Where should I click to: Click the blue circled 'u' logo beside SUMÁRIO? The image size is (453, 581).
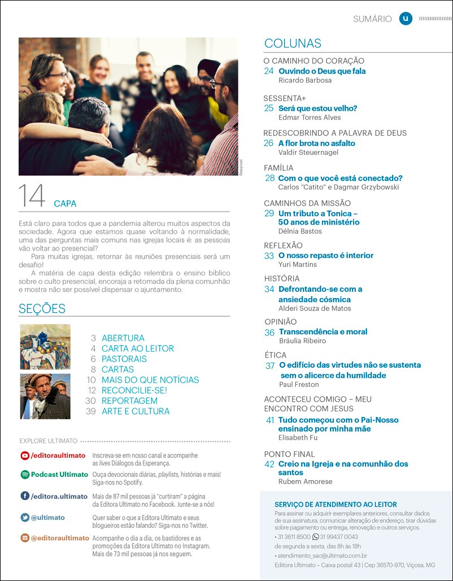pos(406,19)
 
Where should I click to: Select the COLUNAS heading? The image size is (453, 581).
pos(293,44)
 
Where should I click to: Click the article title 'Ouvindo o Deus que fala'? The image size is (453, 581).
pos(322,71)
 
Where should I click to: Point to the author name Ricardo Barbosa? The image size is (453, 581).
pos(305,80)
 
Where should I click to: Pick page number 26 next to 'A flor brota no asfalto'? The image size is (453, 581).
pos(269,143)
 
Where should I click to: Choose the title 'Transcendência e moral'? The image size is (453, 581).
pos(323,332)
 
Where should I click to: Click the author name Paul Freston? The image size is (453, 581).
pos(299,385)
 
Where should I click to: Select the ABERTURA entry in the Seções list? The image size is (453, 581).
pos(123,338)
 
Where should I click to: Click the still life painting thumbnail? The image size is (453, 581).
pos(45,347)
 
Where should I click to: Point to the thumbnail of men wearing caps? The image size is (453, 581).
pos(45,396)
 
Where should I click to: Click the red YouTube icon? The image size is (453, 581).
pos(25,455)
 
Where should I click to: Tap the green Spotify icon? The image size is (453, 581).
pos(25,475)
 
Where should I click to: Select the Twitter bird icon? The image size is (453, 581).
pos(25,518)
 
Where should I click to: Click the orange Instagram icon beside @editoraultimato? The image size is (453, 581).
pos(25,538)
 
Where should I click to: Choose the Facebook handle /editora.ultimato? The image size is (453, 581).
pos(59,496)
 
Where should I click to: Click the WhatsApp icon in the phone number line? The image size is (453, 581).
pos(316,536)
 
